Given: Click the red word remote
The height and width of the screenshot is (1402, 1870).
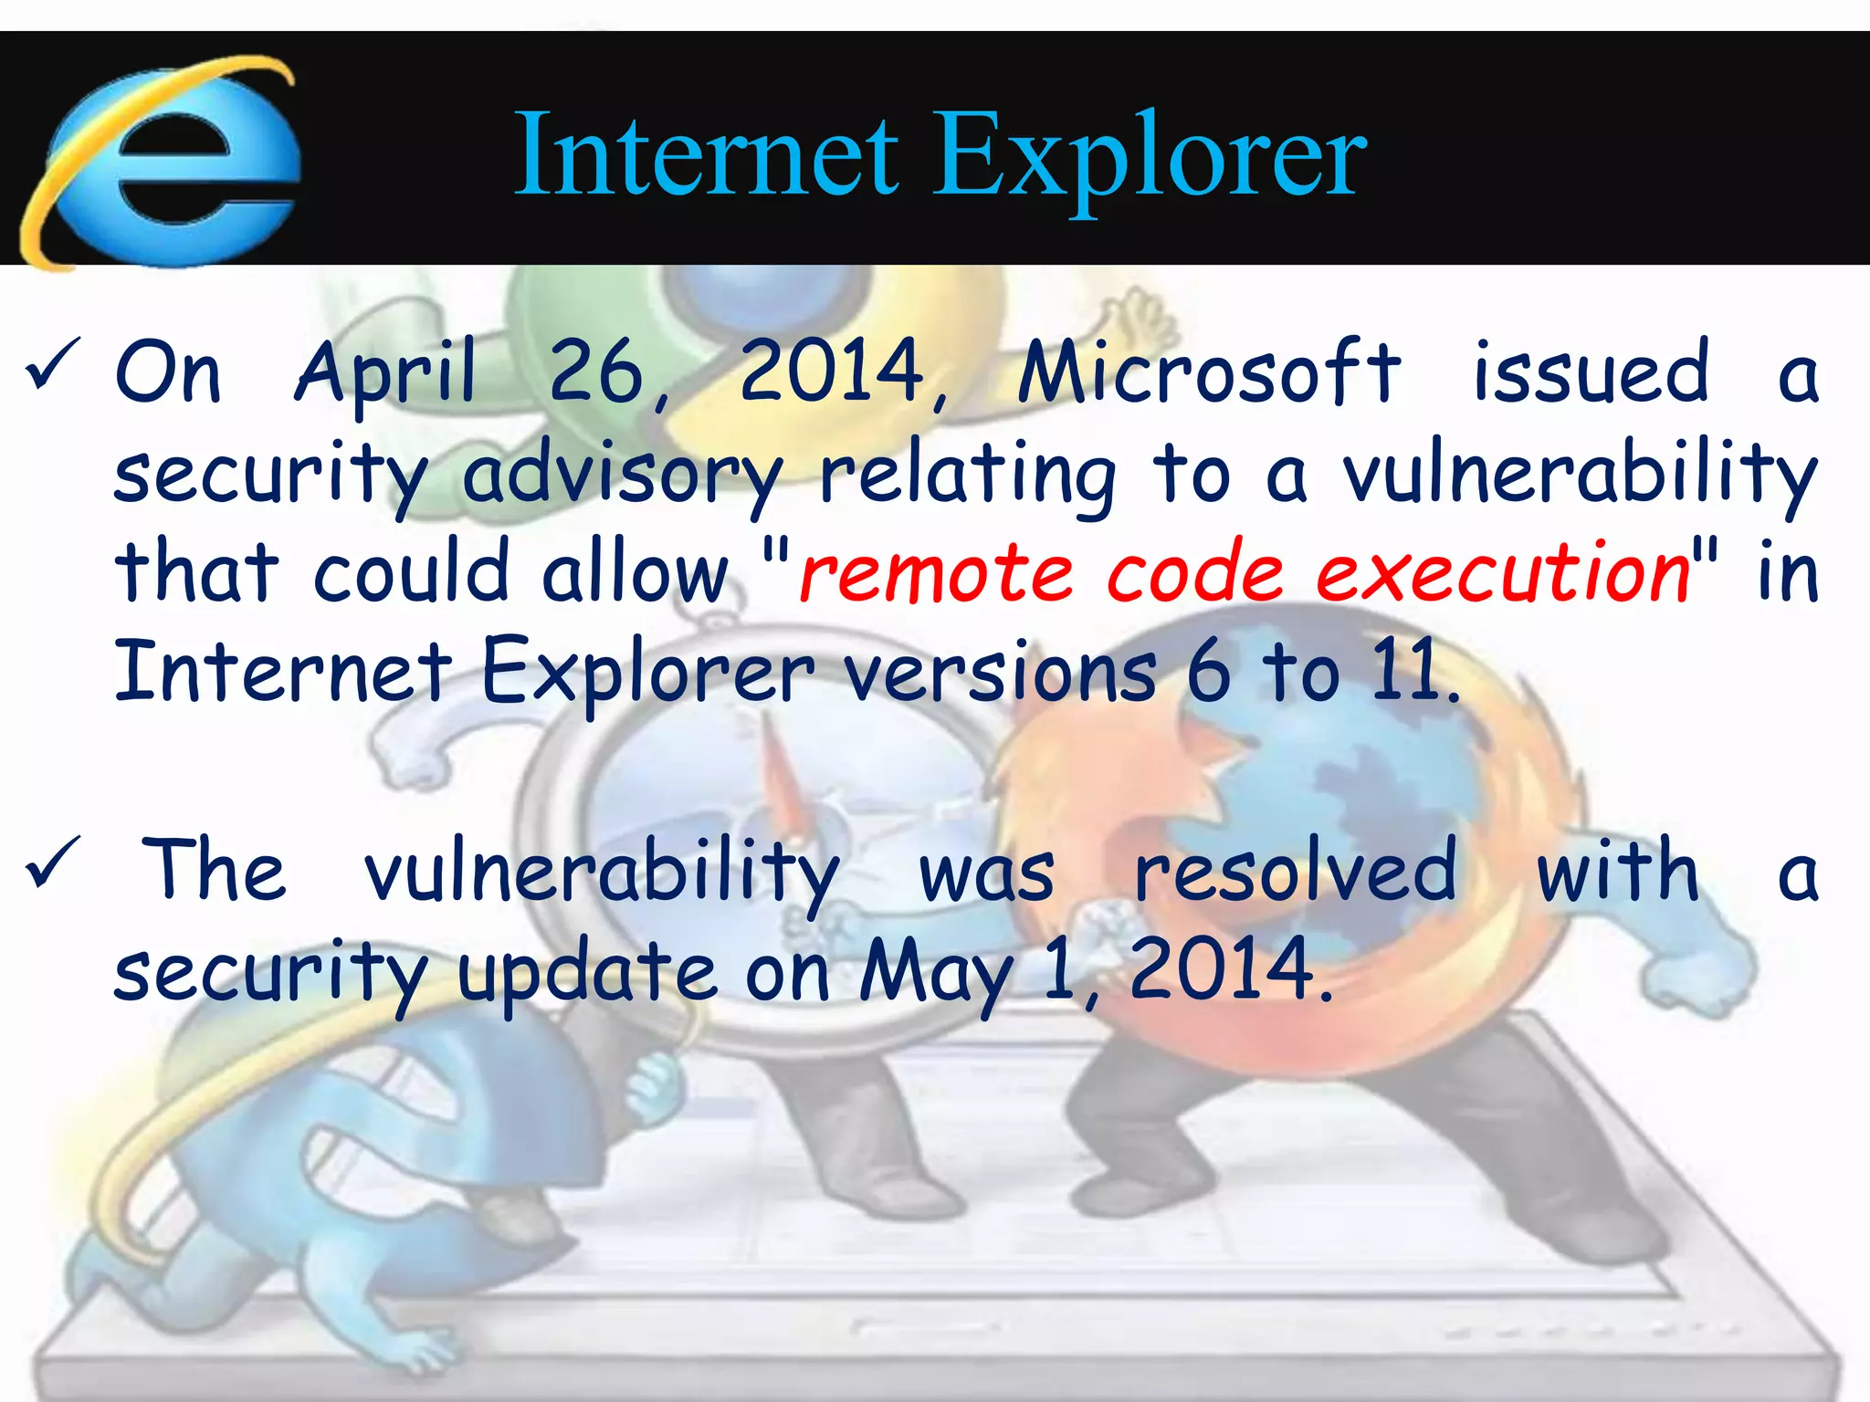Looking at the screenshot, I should point(937,573).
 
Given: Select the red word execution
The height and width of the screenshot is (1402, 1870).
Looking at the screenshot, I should point(1503,573).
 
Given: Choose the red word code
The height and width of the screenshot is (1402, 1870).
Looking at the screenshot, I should point(1196,573).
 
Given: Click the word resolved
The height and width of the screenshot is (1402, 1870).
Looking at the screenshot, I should point(1295,873).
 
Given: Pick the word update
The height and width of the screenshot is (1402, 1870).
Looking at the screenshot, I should point(588,973).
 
